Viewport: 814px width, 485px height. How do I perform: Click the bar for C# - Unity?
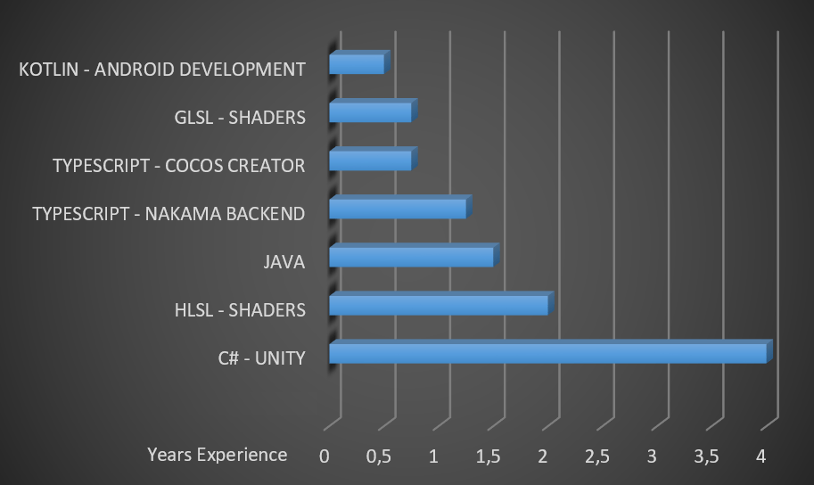(547, 353)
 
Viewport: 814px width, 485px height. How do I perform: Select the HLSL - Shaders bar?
(439, 305)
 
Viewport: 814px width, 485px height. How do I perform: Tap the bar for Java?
(411, 257)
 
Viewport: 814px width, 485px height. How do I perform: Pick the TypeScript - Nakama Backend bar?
(398, 209)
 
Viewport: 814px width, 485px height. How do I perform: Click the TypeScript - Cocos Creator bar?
(370, 160)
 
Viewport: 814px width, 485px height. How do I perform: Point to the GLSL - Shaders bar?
(370, 112)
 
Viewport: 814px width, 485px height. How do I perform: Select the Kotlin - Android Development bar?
(357, 64)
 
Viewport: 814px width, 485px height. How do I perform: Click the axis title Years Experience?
(218, 455)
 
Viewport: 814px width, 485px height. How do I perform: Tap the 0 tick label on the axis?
(325, 456)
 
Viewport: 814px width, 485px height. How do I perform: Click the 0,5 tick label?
(379, 456)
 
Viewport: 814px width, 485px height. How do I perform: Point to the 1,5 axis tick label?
(489, 456)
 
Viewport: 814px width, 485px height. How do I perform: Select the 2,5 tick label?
(597, 456)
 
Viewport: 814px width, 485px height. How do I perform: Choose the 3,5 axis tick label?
(706, 456)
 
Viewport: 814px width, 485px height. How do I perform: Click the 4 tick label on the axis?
(761, 456)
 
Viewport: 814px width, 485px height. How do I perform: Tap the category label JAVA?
(284, 262)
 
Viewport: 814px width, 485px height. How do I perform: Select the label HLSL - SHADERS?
(241, 310)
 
